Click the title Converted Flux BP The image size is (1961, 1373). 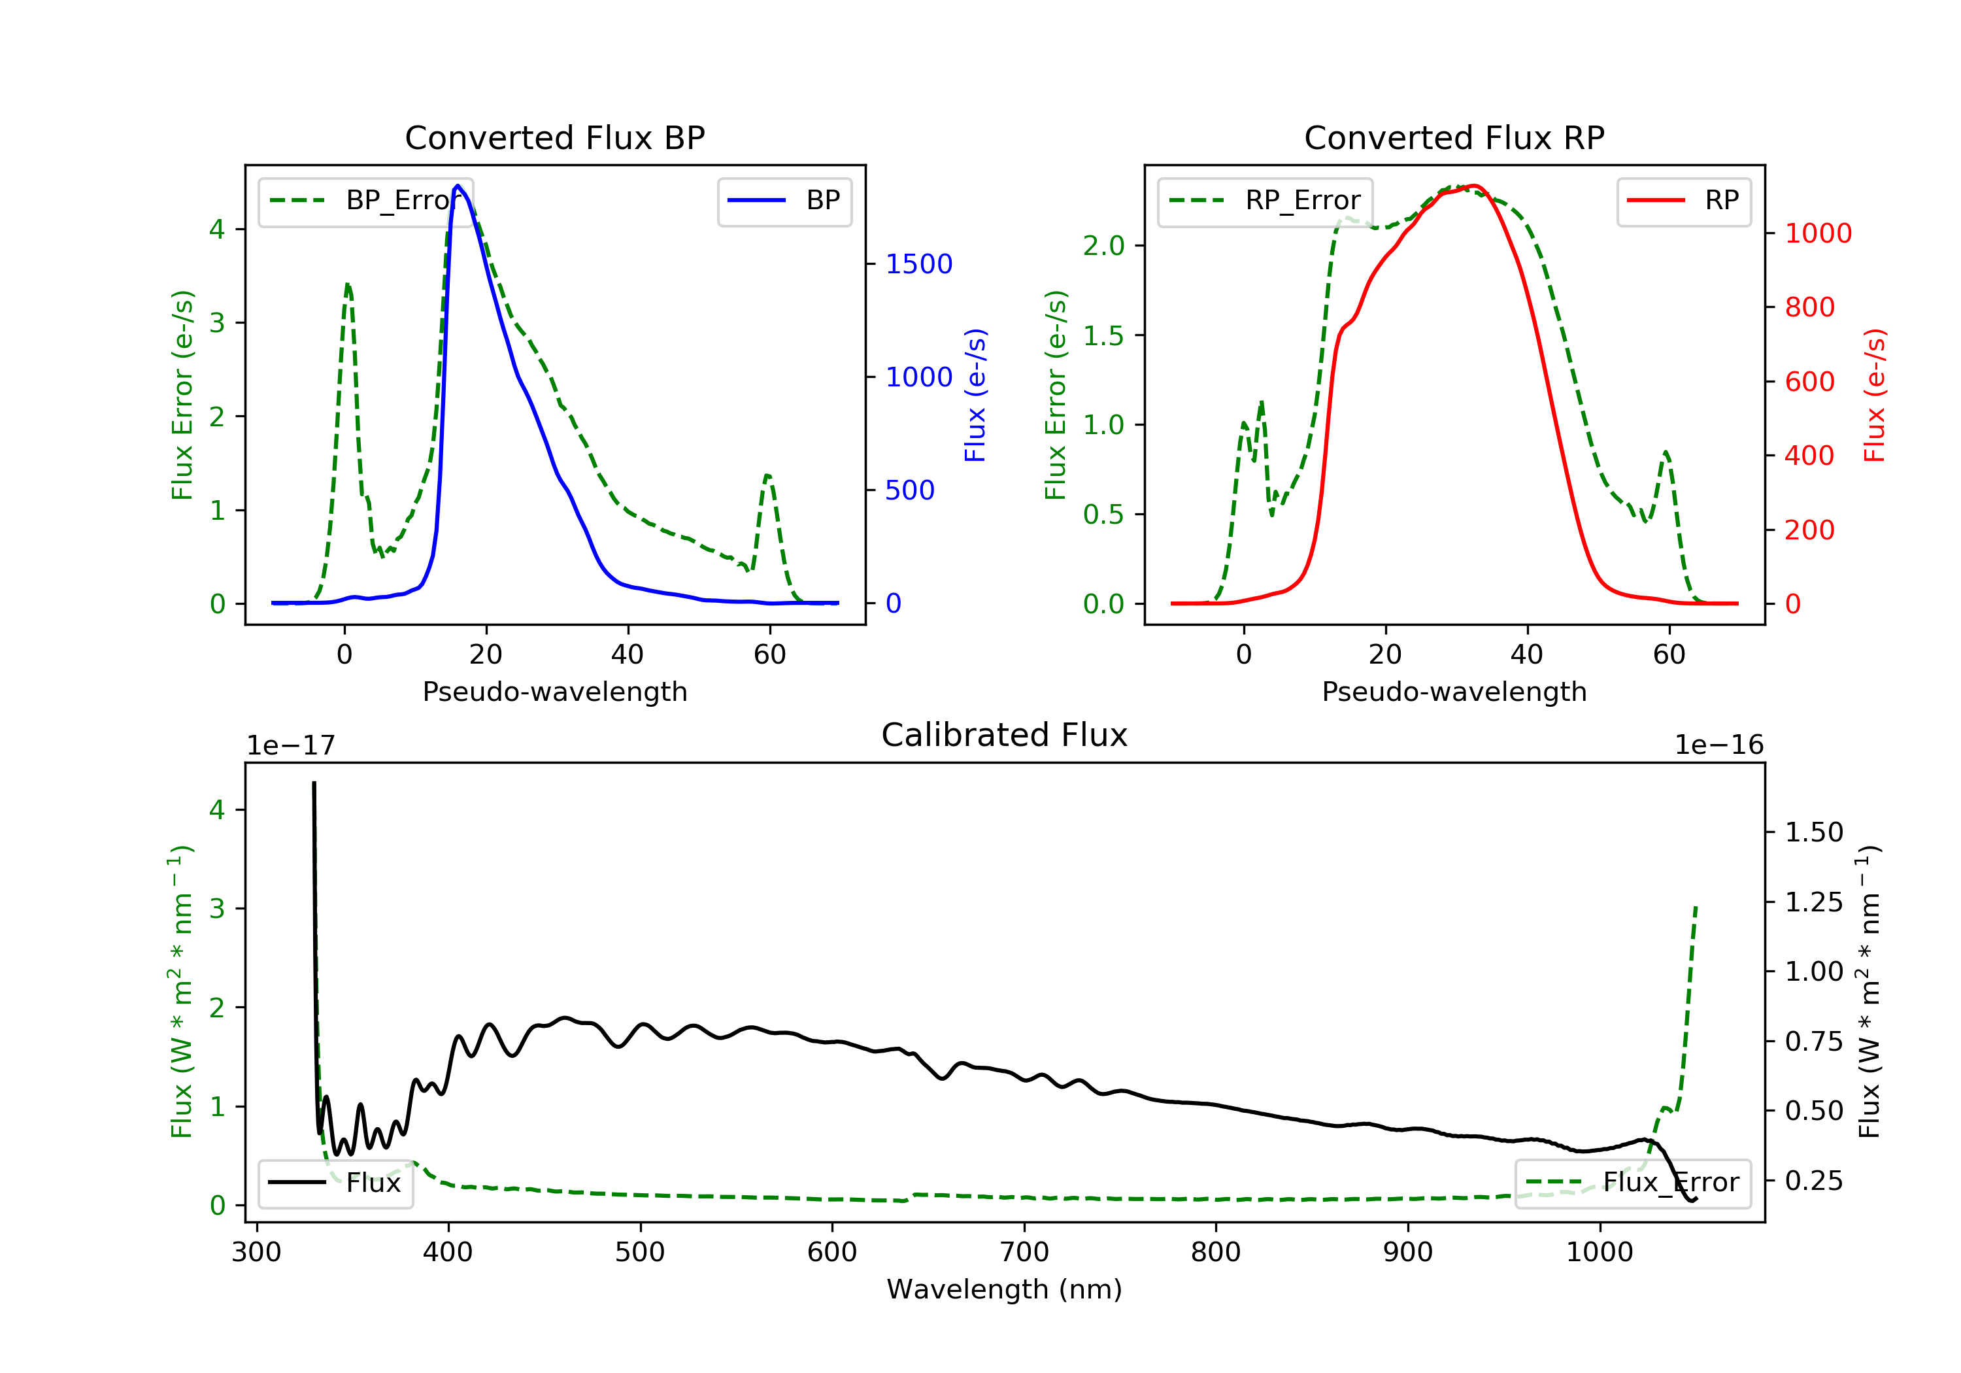[554, 137]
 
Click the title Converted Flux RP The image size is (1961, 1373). [1454, 137]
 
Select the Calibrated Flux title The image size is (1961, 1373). [1005, 735]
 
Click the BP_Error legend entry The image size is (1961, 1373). [365, 201]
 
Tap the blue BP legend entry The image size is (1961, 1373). [784, 201]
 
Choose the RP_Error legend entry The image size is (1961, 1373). [1265, 201]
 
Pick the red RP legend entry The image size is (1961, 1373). [1683, 201]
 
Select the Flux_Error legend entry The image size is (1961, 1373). [1632, 1183]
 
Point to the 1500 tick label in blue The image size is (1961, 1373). [919, 264]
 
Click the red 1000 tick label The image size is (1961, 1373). [1819, 233]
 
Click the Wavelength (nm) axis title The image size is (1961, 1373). [1005, 1289]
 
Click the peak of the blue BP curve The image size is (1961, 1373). [458, 186]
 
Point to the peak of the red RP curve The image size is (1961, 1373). [1473, 186]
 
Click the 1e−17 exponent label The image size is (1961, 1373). [290, 746]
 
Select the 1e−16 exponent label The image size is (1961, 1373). [1719, 745]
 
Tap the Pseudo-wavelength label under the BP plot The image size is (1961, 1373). [555, 691]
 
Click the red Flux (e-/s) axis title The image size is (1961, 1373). [1874, 396]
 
